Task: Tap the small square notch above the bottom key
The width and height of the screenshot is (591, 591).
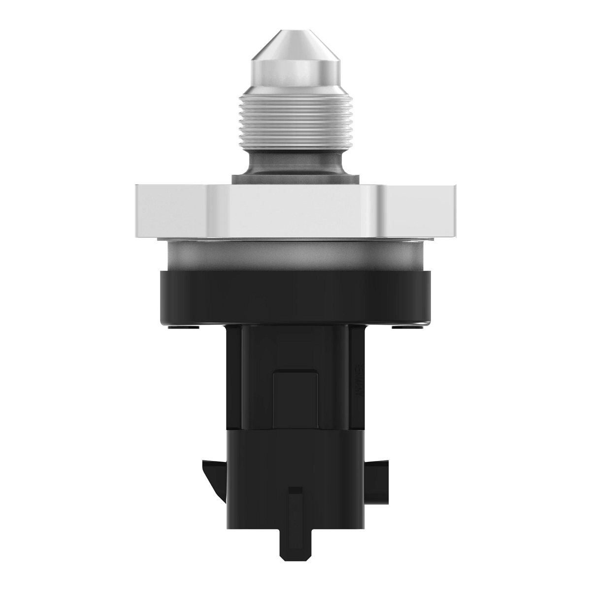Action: click(295, 491)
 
